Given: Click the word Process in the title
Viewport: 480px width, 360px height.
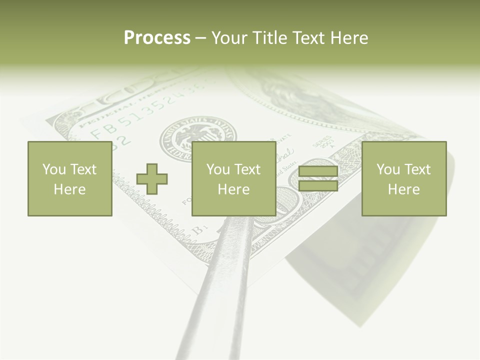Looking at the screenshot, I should pyautogui.click(x=157, y=38).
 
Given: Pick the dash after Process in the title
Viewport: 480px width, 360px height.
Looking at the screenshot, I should pyautogui.click(x=200, y=38).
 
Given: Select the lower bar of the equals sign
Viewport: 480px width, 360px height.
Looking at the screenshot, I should pyautogui.click(x=318, y=186).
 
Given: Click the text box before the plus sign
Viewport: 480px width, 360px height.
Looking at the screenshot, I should pyautogui.click(x=69, y=178).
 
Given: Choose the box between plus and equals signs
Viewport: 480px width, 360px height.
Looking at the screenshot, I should pyautogui.click(x=233, y=178).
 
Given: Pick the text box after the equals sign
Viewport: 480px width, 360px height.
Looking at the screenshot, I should pyautogui.click(x=403, y=178).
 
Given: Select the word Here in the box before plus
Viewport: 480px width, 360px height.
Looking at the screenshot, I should pyautogui.click(x=69, y=189).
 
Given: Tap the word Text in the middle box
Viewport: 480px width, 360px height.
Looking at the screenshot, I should pyautogui.click(x=247, y=169).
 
